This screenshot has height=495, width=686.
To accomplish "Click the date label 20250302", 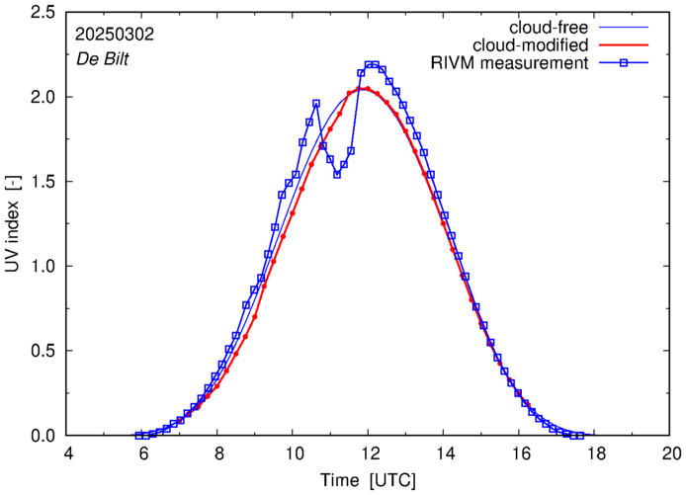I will pos(114,34).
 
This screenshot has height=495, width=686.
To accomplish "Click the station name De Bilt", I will pos(102,57).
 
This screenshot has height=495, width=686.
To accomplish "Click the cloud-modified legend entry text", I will pos(532,44).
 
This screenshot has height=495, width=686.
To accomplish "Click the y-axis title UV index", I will pos(15,225).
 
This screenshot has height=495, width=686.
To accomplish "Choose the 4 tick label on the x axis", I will pos(67,454).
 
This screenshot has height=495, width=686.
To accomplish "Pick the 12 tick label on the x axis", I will pos(369,454).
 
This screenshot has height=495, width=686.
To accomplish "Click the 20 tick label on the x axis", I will pos(670,454).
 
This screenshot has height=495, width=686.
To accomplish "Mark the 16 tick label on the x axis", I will pos(520,454).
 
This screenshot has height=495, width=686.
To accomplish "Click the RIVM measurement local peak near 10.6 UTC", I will pos(316,104).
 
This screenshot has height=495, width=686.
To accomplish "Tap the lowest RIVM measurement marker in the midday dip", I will pos(337,175).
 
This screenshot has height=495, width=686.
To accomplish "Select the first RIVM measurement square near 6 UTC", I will pos(138,436).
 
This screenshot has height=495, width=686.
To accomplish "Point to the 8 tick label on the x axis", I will pos(218,454).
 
